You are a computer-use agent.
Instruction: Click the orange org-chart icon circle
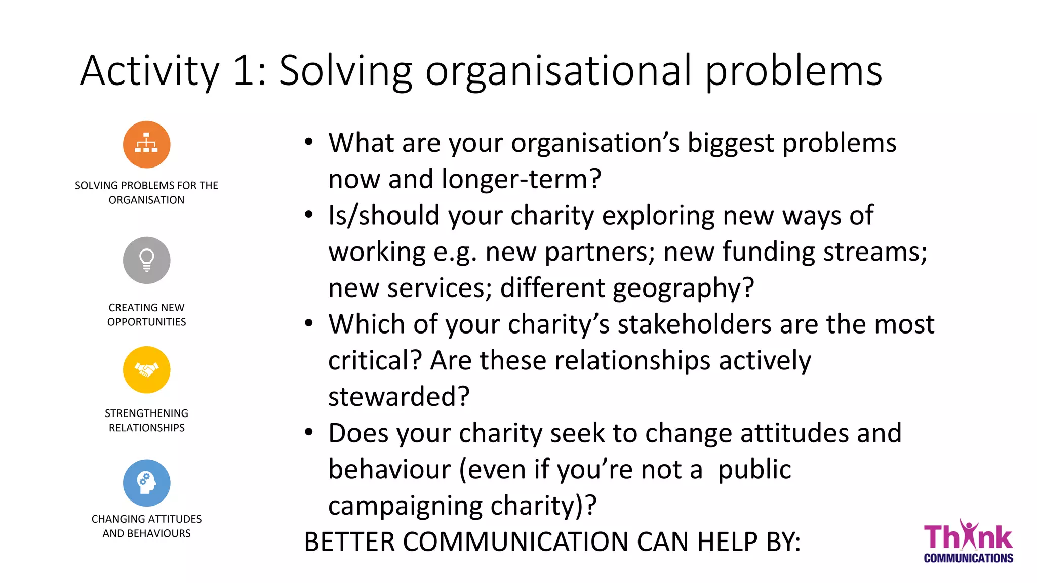tap(146, 145)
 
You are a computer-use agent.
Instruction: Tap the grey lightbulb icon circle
tap(146, 260)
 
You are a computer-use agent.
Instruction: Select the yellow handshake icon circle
tap(146, 370)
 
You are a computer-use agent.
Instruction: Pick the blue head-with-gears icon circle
tap(146, 483)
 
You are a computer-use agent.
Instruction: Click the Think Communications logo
tap(968, 542)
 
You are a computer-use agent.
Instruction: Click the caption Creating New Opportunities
tap(146, 315)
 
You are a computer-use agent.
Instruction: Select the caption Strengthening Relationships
tap(146, 421)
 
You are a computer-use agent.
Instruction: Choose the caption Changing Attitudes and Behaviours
tap(146, 526)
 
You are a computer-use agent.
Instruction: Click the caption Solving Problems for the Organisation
tap(146, 193)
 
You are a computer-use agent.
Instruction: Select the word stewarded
tap(398, 397)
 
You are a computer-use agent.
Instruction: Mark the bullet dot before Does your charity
tap(309, 433)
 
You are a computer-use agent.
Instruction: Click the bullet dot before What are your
tap(309, 142)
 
